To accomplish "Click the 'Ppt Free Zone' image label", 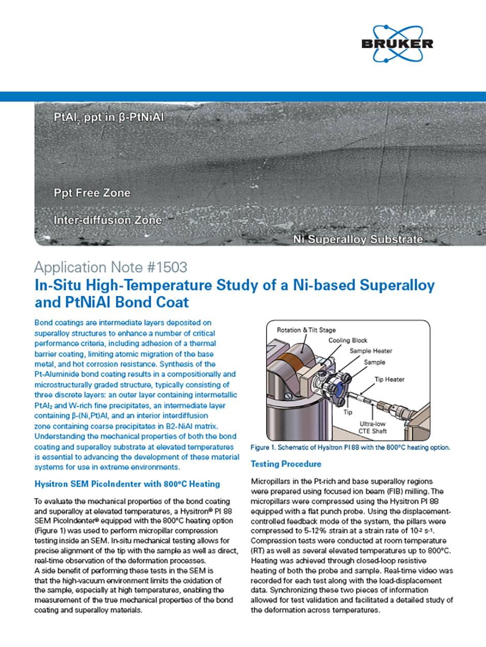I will pos(92,193).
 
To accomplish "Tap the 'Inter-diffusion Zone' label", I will pos(108,220).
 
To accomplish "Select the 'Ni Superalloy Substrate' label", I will pos(358,239).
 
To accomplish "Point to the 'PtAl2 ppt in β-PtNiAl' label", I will pos(116,117).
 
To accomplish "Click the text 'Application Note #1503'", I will pos(110,267).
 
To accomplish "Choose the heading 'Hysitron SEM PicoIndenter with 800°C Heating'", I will pos(127,484).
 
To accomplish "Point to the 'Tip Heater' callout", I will pos(389,379).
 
